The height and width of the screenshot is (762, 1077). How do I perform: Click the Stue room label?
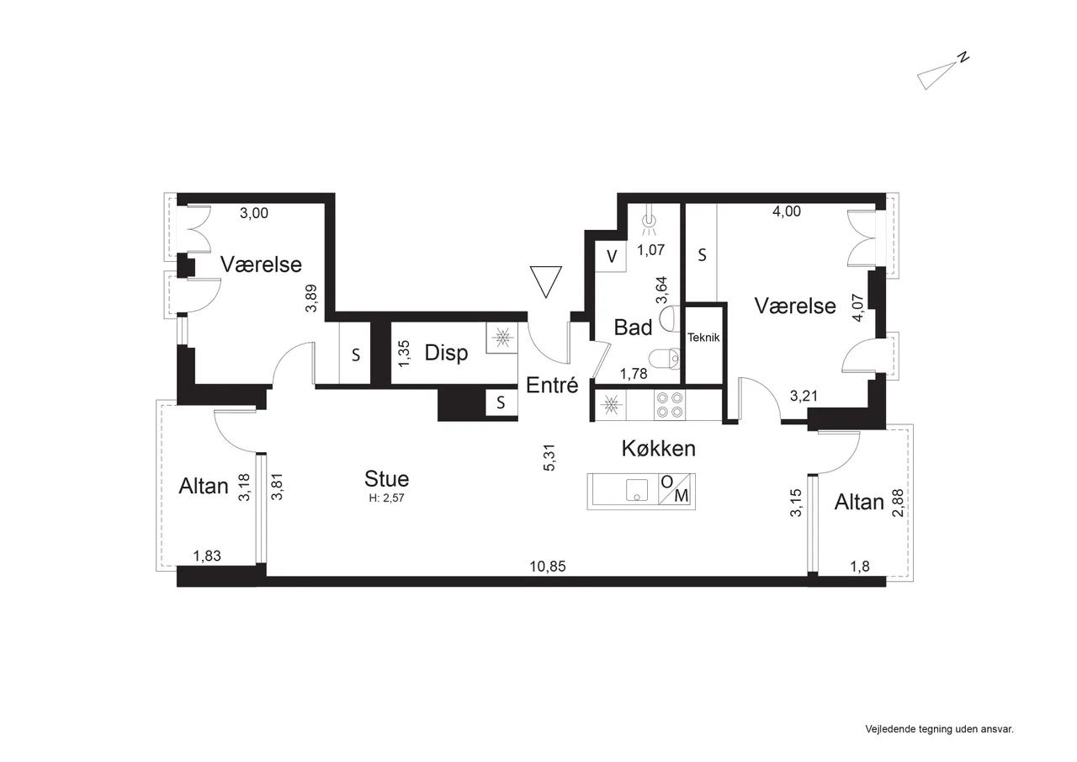tap(386, 478)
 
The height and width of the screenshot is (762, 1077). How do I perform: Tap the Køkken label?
tap(658, 448)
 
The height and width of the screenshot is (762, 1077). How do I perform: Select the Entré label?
tap(552, 385)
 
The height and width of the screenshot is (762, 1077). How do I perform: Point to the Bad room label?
tap(634, 328)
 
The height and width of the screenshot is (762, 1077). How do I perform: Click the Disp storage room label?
tap(446, 353)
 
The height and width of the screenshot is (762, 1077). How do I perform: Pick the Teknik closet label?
tap(703, 338)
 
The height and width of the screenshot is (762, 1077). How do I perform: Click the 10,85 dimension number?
tap(548, 566)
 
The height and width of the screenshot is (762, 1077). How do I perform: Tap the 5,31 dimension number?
tap(549, 457)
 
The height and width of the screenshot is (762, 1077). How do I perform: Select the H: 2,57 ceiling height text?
tap(386, 498)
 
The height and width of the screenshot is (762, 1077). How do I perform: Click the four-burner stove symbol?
tap(670, 405)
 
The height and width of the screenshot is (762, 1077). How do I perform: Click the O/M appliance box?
tap(675, 488)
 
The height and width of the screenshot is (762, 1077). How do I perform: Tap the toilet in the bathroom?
tap(664, 359)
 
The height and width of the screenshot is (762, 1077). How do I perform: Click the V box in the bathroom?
tap(611, 257)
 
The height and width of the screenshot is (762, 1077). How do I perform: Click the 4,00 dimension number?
tap(787, 211)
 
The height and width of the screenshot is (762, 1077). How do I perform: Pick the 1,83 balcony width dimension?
tap(207, 556)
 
